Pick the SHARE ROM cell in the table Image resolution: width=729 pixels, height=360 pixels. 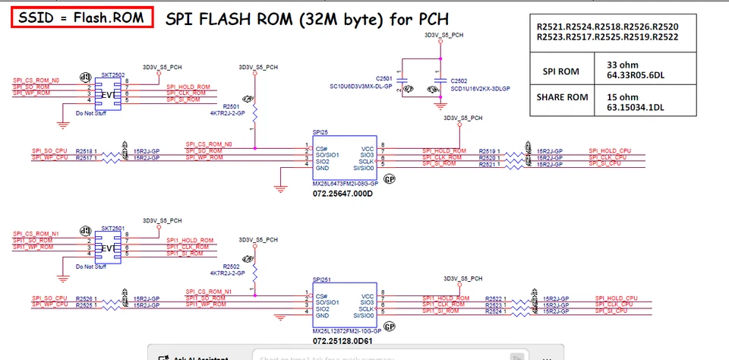click(563, 97)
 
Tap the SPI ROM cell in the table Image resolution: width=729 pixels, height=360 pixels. click(563, 71)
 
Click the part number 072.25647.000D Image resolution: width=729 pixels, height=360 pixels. click(343, 194)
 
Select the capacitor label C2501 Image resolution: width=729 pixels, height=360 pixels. click(384, 78)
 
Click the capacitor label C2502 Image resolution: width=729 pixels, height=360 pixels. click(459, 80)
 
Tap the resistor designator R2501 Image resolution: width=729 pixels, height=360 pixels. click(231, 106)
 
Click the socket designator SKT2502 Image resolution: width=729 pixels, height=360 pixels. click(113, 75)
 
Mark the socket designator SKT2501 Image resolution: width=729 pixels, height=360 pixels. click(113, 228)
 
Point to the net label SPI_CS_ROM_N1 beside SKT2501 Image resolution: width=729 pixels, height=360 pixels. click(36, 233)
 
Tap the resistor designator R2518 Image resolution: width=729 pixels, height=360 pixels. click(86, 151)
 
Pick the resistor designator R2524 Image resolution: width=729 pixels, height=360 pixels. click(495, 311)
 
